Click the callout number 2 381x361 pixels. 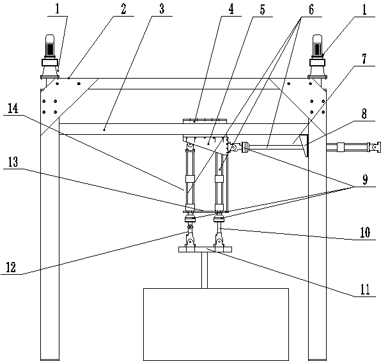pos(123,9)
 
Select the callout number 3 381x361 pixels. pos(162,9)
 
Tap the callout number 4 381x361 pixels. pos(231,9)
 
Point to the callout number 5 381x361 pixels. pos(262,10)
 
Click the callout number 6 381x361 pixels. pos(311,10)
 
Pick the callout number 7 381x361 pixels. pos(364,59)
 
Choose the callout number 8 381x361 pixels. pos(364,114)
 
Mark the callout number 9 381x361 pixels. pos(365,180)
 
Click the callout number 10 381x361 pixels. pos(365,233)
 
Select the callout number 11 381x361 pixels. pos(365,289)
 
